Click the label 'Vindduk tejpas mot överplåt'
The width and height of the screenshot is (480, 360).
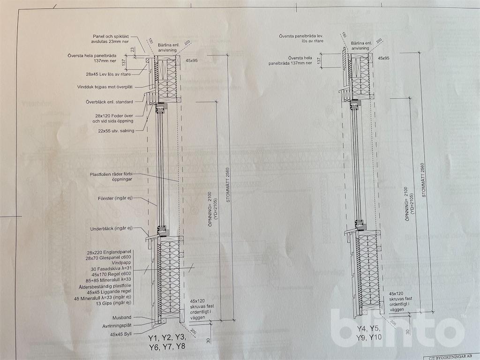coord(106,87)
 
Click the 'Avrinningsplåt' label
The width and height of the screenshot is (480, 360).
coord(117,326)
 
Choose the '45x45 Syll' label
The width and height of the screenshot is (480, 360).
coord(120,334)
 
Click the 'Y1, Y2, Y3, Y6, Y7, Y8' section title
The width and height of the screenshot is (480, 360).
coord(167,343)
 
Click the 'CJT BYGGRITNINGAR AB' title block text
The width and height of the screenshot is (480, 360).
coord(450,356)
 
